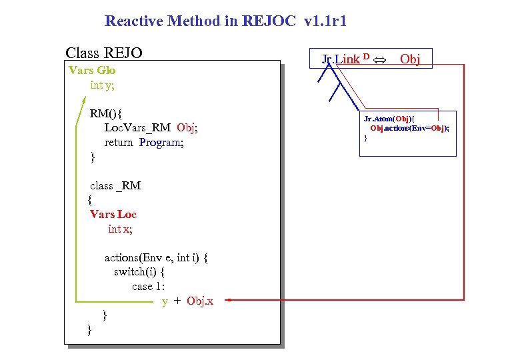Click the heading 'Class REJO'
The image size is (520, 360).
tap(103, 53)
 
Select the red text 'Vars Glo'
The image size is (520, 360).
tap(92, 70)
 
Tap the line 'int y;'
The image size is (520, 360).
tap(102, 85)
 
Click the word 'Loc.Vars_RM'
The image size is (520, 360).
tap(137, 127)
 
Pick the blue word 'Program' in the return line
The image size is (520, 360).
tap(161, 142)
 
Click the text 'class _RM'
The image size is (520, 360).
tap(115, 185)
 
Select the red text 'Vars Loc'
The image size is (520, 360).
tap(113, 214)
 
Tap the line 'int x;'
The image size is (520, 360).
tap(120, 229)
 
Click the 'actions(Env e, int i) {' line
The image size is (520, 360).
tap(157, 257)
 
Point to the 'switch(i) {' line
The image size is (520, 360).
tap(139, 272)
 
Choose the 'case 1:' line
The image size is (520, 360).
tap(148, 287)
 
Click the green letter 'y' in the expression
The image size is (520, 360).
tap(165, 301)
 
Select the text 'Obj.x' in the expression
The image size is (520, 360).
tap(200, 301)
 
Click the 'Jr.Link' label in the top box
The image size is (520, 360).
tap(341, 59)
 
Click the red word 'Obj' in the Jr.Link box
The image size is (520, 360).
tap(409, 59)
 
